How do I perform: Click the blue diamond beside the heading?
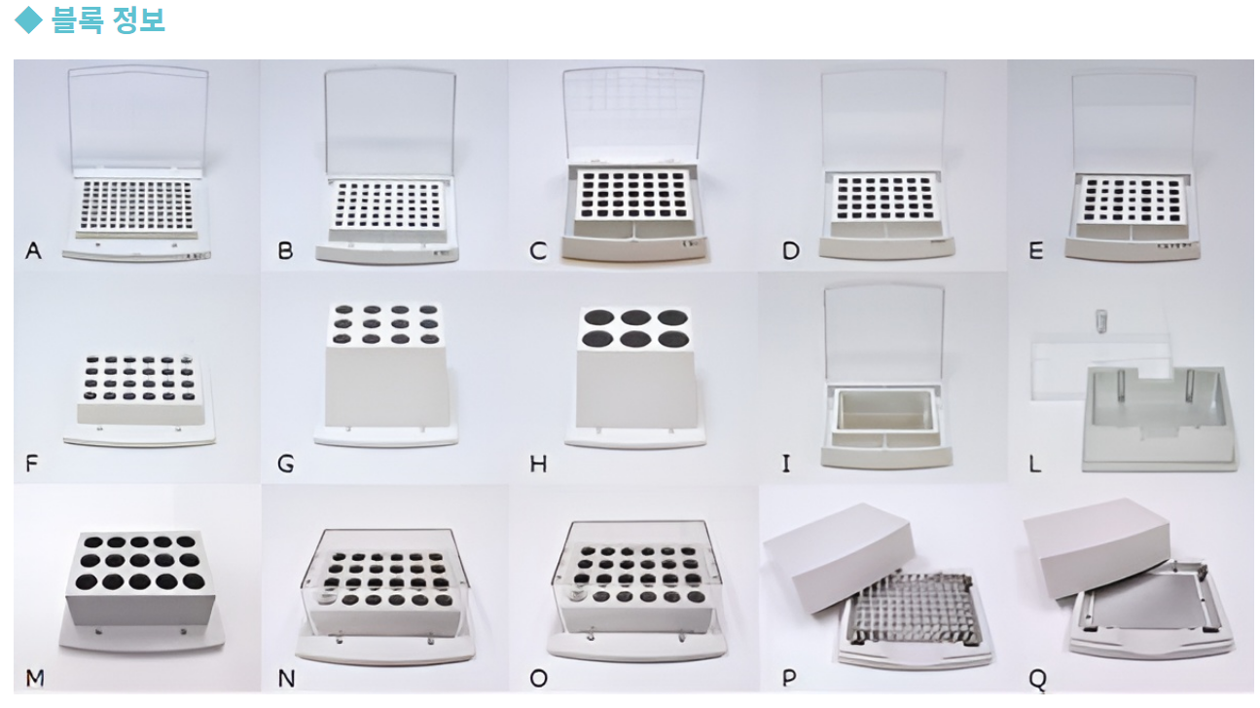[x=28, y=20]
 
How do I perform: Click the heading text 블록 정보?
[x=108, y=20]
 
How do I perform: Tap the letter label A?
[x=33, y=250]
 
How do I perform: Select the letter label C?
[x=538, y=251]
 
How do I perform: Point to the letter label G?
[x=286, y=464]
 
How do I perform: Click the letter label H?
[x=538, y=464]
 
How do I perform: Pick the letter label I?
[x=786, y=464]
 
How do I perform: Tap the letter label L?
[x=1034, y=464]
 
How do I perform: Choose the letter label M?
[x=35, y=678]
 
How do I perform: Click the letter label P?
[x=789, y=678]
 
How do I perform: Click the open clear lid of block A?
[x=138, y=117]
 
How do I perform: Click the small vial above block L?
[x=1100, y=320]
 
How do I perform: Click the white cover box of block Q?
[x=1097, y=547]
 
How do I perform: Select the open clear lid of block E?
[x=1134, y=123]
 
